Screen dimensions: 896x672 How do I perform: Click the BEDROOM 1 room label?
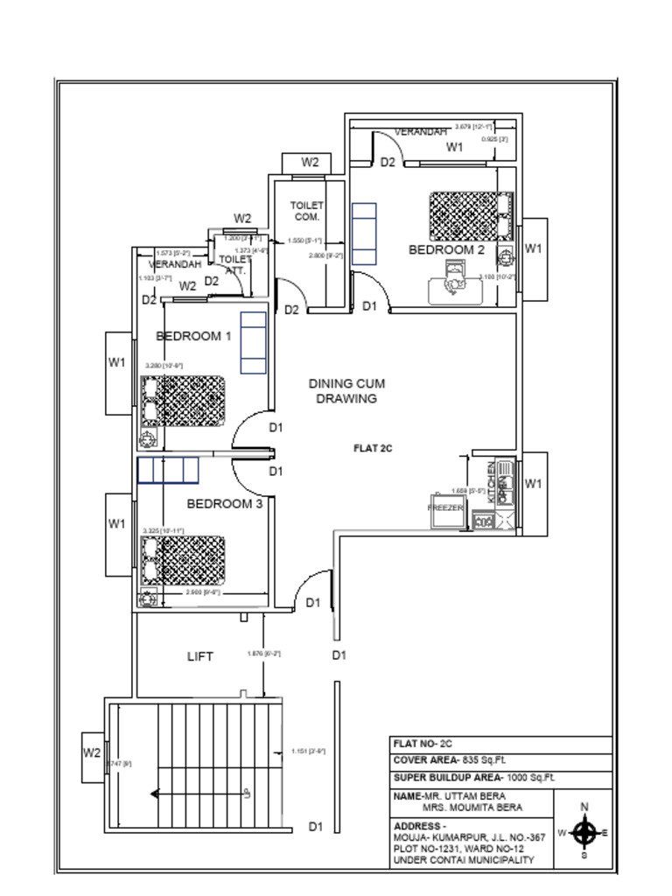(193, 336)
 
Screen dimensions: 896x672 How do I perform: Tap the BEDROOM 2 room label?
(446, 249)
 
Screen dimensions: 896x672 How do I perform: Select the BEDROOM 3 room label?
(225, 504)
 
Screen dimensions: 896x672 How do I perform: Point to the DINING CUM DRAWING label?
(346, 391)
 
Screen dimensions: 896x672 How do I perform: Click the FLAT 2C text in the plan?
(373, 448)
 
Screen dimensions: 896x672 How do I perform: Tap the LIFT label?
(200, 656)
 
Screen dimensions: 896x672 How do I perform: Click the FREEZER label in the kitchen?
(445, 507)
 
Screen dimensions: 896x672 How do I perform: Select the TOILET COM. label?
(306, 211)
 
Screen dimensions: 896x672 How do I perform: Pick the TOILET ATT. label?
(234, 265)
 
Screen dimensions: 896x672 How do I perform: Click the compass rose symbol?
(585, 832)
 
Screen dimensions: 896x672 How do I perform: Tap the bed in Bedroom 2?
(469, 214)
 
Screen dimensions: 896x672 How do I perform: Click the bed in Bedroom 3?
(183, 560)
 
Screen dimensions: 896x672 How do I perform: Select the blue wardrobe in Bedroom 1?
(253, 342)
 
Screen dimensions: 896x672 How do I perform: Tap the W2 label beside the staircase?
(93, 752)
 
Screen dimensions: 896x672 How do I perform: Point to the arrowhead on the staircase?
(155, 794)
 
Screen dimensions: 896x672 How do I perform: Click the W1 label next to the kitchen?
(534, 483)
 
